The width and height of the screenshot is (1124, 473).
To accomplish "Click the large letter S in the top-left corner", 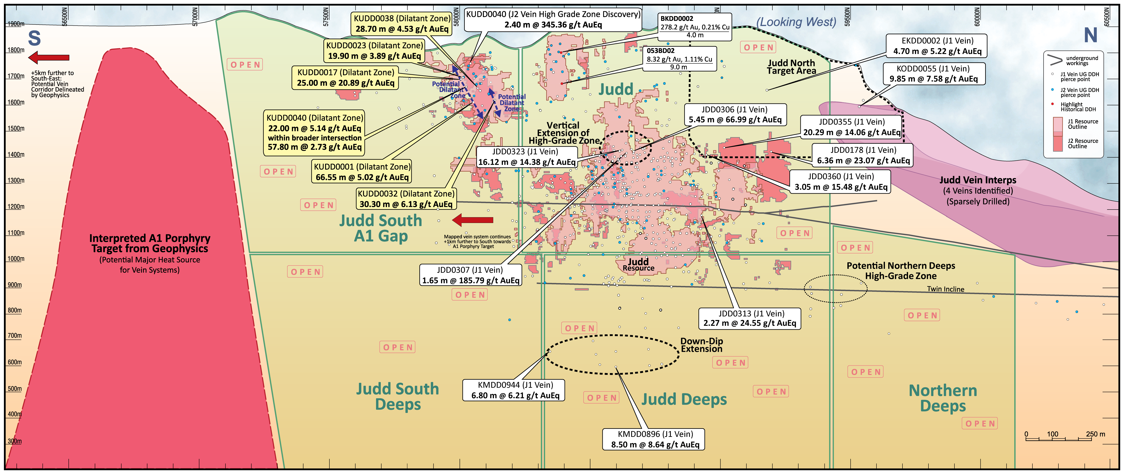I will [34, 38].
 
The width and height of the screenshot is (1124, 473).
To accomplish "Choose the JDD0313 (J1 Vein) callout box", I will [750, 318].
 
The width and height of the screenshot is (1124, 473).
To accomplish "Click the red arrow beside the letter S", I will [49, 57].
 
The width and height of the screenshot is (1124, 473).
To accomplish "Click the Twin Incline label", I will [946, 289].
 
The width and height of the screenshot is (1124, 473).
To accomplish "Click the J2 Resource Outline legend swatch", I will [1058, 144].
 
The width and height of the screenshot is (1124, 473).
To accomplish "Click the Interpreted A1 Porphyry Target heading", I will [150, 243].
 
